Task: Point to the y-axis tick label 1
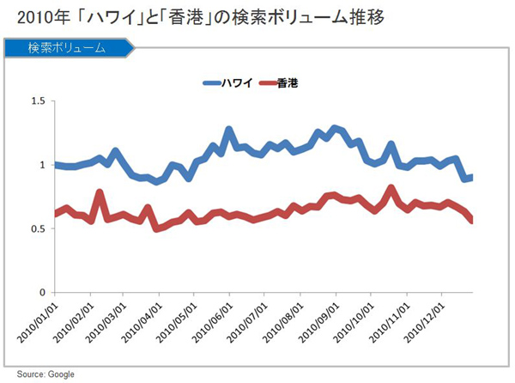point(40,165)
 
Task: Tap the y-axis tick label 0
point(40,294)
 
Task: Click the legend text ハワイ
point(237,83)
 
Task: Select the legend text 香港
point(288,83)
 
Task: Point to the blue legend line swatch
point(211,83)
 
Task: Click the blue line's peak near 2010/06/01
point(229,130)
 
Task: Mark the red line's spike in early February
point(100,192)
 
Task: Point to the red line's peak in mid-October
point(391,188)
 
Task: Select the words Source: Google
point(43,374)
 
